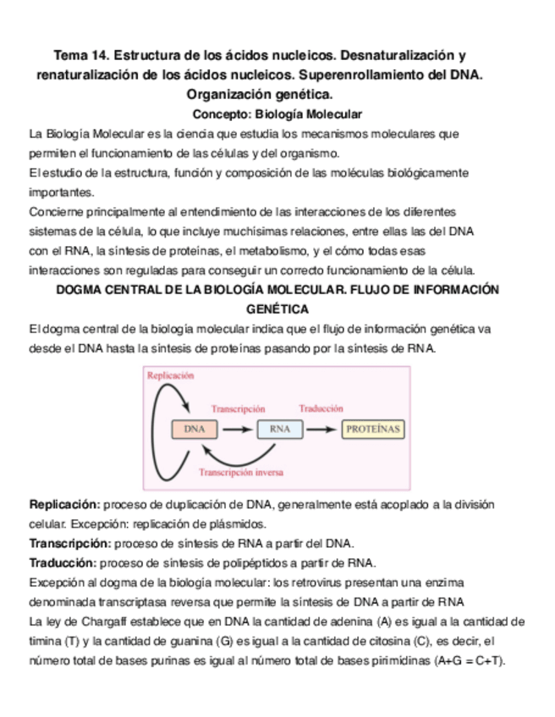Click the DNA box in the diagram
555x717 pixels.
[x=194, y=429]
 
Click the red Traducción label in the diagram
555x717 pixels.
[x=321, y=407]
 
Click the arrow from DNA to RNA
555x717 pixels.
[x=237, y=429]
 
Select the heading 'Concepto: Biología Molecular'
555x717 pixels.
[x=277, y=113]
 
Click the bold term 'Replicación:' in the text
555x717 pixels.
[x=65, y=505]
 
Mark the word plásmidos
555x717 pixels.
[x=199, y=524]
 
